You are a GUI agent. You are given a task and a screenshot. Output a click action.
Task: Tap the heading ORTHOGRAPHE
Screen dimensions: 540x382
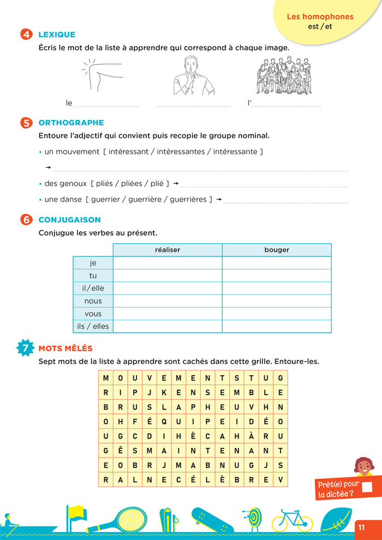(x=71, y=123)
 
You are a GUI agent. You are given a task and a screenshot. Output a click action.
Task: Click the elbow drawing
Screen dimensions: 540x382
(x=102, y=75)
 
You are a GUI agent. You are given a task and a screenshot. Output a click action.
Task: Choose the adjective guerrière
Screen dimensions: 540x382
(x=145, y=200)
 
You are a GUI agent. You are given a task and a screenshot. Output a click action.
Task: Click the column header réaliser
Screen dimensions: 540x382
(x=168, y=250)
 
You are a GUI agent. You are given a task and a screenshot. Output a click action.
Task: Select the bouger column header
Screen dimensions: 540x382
(x=277, y=250)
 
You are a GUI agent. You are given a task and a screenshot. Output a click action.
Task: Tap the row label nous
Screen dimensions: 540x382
(x=93, y=301)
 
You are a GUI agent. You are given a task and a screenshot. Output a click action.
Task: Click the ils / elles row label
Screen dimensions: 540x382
(x=93, y=327)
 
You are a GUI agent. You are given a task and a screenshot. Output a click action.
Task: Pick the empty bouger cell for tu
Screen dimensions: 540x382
(x=277, y=275)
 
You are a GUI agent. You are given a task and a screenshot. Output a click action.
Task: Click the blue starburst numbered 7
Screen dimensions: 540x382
(x=25, y=348)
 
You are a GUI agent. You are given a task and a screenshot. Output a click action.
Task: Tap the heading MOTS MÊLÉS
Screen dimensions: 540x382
(x=65, y=348)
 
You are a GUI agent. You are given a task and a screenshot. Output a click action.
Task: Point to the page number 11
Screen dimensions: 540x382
(x=361, y=527)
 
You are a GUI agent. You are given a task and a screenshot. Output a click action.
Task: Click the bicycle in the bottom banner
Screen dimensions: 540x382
(x=292, y=520)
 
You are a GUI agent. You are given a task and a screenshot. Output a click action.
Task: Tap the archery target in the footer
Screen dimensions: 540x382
(x=252, y=518)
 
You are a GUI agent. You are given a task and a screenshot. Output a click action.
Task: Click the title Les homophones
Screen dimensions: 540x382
(x=320, y=17)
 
